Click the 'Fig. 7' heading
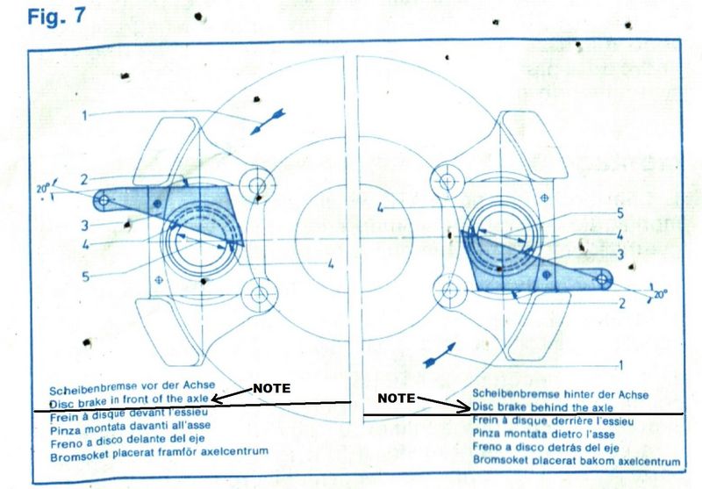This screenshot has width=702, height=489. (56, 16)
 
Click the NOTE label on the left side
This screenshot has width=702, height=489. (272, 388)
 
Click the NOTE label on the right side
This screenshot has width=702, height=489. (397, 398)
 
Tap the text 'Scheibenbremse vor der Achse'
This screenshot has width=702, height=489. (133, 387)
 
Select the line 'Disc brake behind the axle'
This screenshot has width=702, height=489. (542, 407)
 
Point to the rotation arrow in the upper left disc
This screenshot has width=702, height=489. (268, 121)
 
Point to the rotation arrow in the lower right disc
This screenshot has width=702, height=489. (440, 356)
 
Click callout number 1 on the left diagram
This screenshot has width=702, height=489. (83, 116)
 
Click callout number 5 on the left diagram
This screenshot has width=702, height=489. (85, 277)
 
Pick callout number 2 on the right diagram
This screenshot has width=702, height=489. (621, 304)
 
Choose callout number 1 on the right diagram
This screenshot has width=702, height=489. (620, 365)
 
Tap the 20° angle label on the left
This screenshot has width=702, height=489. (43, 189)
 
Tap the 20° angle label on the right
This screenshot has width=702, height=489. (661, 294)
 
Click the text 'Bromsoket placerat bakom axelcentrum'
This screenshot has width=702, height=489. (577, 460)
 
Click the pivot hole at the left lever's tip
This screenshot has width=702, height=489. (104, 200)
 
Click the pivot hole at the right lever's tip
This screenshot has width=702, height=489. (603, 280)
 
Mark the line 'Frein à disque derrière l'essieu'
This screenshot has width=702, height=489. (553, 421)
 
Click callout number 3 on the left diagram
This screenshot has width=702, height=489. (84, 226)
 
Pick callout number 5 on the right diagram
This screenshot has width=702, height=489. (620, 213)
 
